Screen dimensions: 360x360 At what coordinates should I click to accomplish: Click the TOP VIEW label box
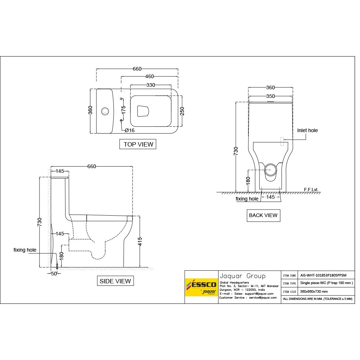pos(138,144)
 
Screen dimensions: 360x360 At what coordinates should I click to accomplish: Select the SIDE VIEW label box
pos(115,281)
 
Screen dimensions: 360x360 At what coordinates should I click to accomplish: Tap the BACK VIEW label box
pos(263,215)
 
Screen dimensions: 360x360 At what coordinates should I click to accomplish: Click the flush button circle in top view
pos(105,111)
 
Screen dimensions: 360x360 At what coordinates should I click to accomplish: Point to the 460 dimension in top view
pos(149,76)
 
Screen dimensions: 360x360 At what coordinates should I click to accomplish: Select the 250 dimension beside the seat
pos(182,112)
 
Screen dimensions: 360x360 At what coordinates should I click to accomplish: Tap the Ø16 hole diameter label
pos(130,130)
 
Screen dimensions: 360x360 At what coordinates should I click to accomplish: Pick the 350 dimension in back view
pos(270,96)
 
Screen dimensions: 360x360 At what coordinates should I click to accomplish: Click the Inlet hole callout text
pos(307,130)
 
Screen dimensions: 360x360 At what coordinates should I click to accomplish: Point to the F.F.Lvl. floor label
pos(311,189)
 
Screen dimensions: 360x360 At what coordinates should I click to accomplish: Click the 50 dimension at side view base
pos(54,274)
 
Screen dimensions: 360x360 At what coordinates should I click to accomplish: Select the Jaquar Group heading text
pos(242,276)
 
